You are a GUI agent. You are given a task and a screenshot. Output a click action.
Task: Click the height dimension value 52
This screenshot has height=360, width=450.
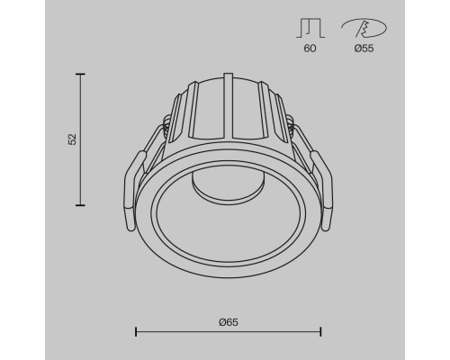[x=73, y=139]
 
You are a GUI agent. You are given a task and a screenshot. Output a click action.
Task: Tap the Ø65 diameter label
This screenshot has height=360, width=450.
[x=229, y=321]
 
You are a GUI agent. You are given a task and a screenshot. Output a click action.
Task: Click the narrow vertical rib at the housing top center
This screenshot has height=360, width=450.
[x=229, y=99]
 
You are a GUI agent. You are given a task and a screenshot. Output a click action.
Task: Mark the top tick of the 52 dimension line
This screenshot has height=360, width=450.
[x=82, y=76]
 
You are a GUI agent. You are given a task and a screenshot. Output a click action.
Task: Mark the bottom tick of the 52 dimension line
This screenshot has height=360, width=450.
[x=82, y=204]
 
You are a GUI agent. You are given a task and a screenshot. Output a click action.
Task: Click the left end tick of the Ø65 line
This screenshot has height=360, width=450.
[x=137, y=331]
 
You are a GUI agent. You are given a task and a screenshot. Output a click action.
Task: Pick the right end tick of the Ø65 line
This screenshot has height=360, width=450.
[x=321, y=331]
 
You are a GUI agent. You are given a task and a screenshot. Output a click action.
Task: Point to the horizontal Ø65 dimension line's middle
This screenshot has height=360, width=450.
[x=229, y=331]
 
